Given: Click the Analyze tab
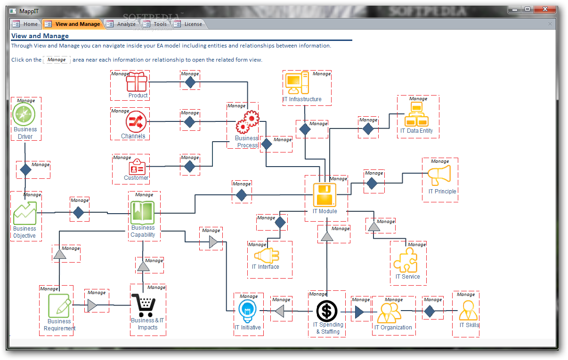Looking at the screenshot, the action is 121,24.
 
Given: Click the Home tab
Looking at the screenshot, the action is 25,24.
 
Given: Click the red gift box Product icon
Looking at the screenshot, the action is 137,81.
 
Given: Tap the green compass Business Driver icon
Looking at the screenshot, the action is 24,114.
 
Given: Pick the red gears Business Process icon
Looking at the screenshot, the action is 247,121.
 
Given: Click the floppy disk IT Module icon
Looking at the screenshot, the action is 325,195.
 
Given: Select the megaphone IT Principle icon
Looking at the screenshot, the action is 439,175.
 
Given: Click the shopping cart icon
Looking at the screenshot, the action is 144,305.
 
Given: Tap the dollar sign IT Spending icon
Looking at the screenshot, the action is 327,311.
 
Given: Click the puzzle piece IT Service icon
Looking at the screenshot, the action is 405,260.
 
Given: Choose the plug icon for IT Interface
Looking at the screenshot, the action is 267,256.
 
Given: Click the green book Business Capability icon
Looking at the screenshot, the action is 143,211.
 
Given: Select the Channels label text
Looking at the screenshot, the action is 133,136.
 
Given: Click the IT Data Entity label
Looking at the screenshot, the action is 416,131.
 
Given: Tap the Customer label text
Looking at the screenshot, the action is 136,177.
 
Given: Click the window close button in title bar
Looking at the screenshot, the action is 545,9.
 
